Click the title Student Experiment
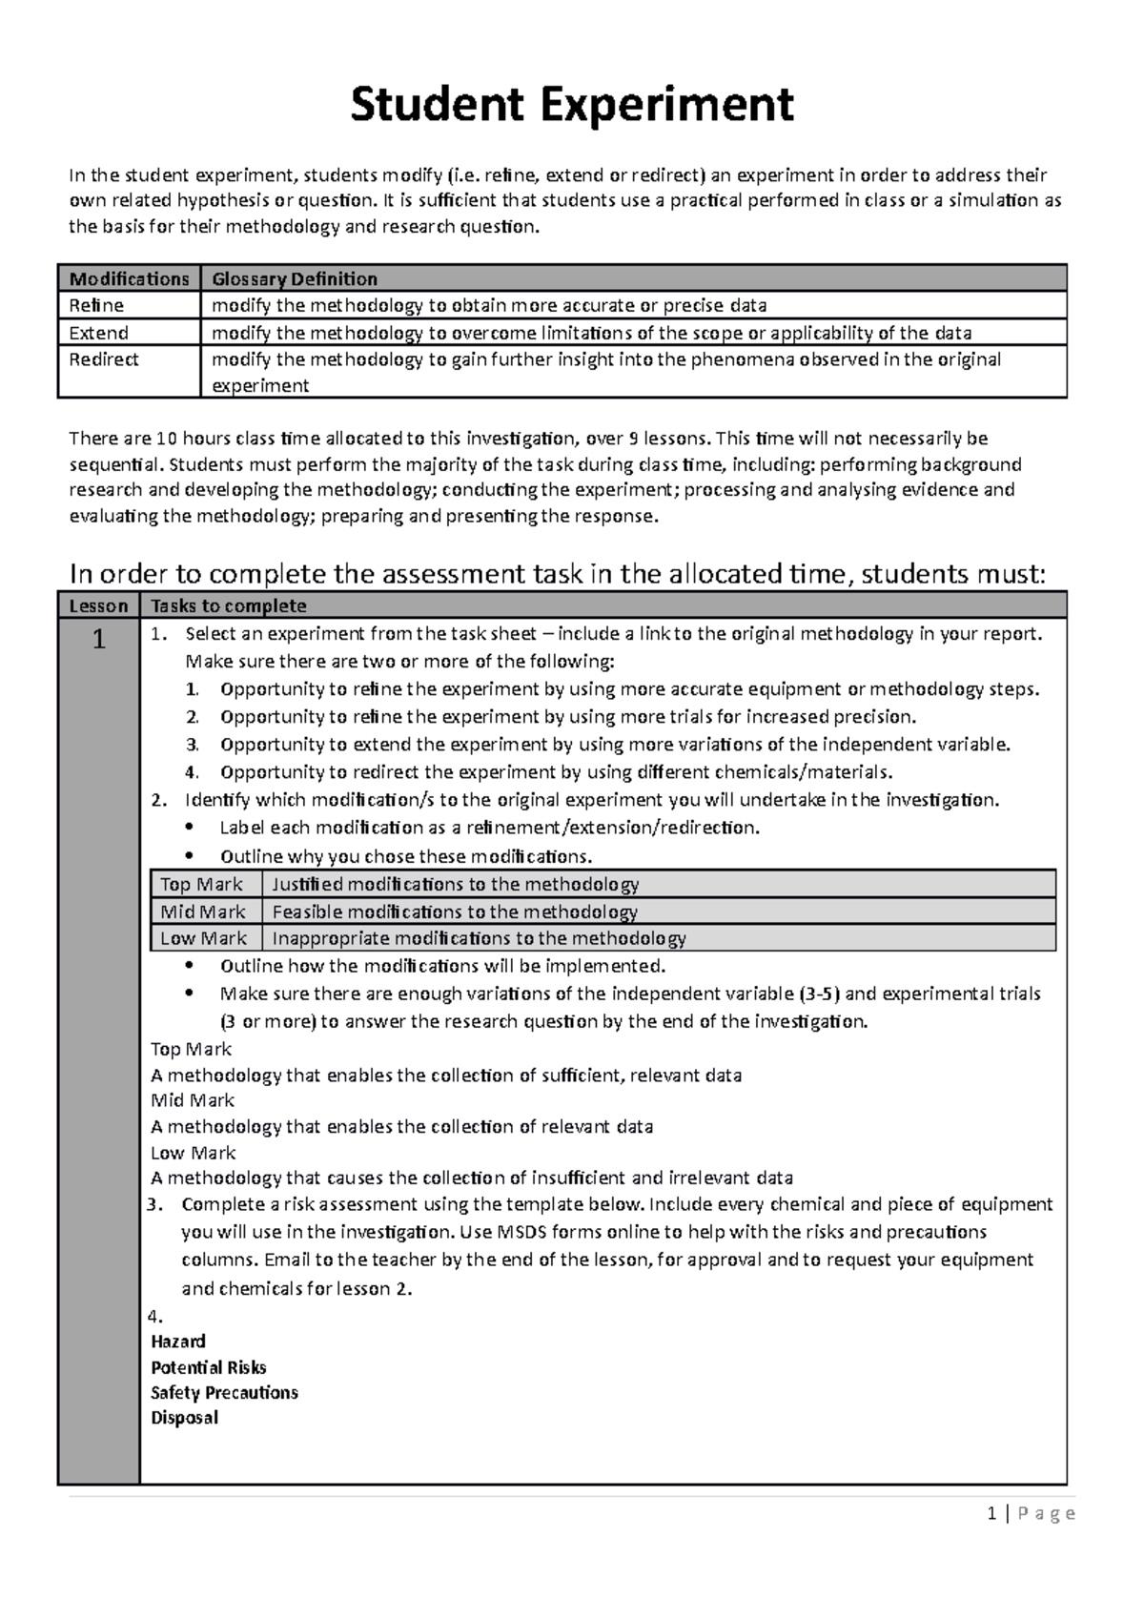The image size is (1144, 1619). coord(571,105)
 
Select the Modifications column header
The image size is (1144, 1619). coord(129,278)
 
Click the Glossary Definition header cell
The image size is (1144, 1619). coord(295,278)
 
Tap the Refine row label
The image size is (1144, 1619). coord(96,305)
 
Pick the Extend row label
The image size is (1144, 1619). coord(98,333)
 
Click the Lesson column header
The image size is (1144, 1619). coord(98,605)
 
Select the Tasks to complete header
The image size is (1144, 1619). coord(229,605)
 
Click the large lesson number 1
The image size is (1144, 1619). coord(98,639)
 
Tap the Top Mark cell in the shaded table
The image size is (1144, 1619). coord(201,884)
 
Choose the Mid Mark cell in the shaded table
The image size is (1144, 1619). coord(203,912)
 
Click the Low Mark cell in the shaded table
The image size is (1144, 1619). coord(203,938)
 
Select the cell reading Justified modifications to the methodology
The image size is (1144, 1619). coord(455,884)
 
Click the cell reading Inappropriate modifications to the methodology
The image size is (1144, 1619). coord(479,938)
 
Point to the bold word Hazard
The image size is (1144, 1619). coord(178,1341)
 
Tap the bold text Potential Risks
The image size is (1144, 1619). coord(209,1367)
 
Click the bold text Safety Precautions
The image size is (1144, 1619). coord(224,1392)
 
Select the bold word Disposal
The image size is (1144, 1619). coord(184,1418)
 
